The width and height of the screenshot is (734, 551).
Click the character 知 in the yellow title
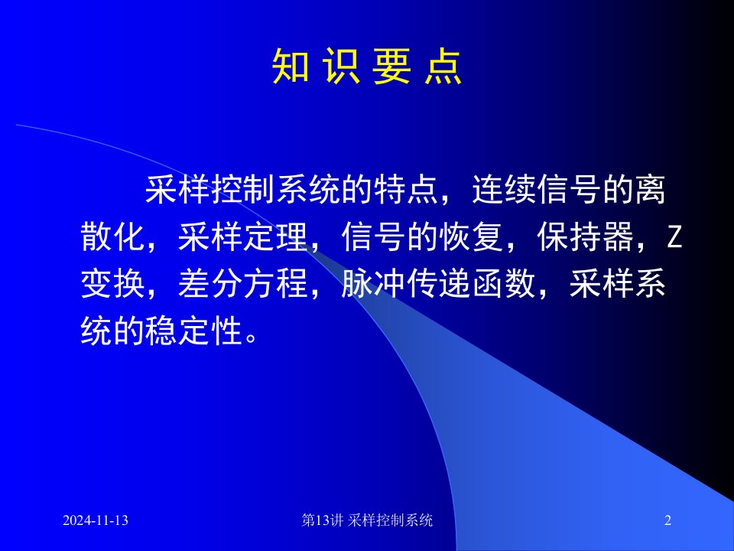(291, 67)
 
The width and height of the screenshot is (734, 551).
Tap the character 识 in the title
(341, 67)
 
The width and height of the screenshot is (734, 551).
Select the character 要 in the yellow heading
(391, 67)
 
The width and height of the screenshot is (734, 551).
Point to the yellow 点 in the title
(443, 67)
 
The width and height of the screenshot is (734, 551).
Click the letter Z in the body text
(674, 236)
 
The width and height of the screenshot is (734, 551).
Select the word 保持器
(586, 236)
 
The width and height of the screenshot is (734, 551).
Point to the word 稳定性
(194, 331)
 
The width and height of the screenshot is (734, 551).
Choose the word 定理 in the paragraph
(275, 236)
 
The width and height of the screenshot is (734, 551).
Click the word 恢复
(472, 236)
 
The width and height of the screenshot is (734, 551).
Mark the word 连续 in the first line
(504, 190)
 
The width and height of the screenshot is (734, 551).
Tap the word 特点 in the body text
(406, 190)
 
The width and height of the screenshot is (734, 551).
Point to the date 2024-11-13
(96, 520)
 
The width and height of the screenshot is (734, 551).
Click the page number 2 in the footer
(668, 520)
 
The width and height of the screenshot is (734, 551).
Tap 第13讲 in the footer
(323, 520)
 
